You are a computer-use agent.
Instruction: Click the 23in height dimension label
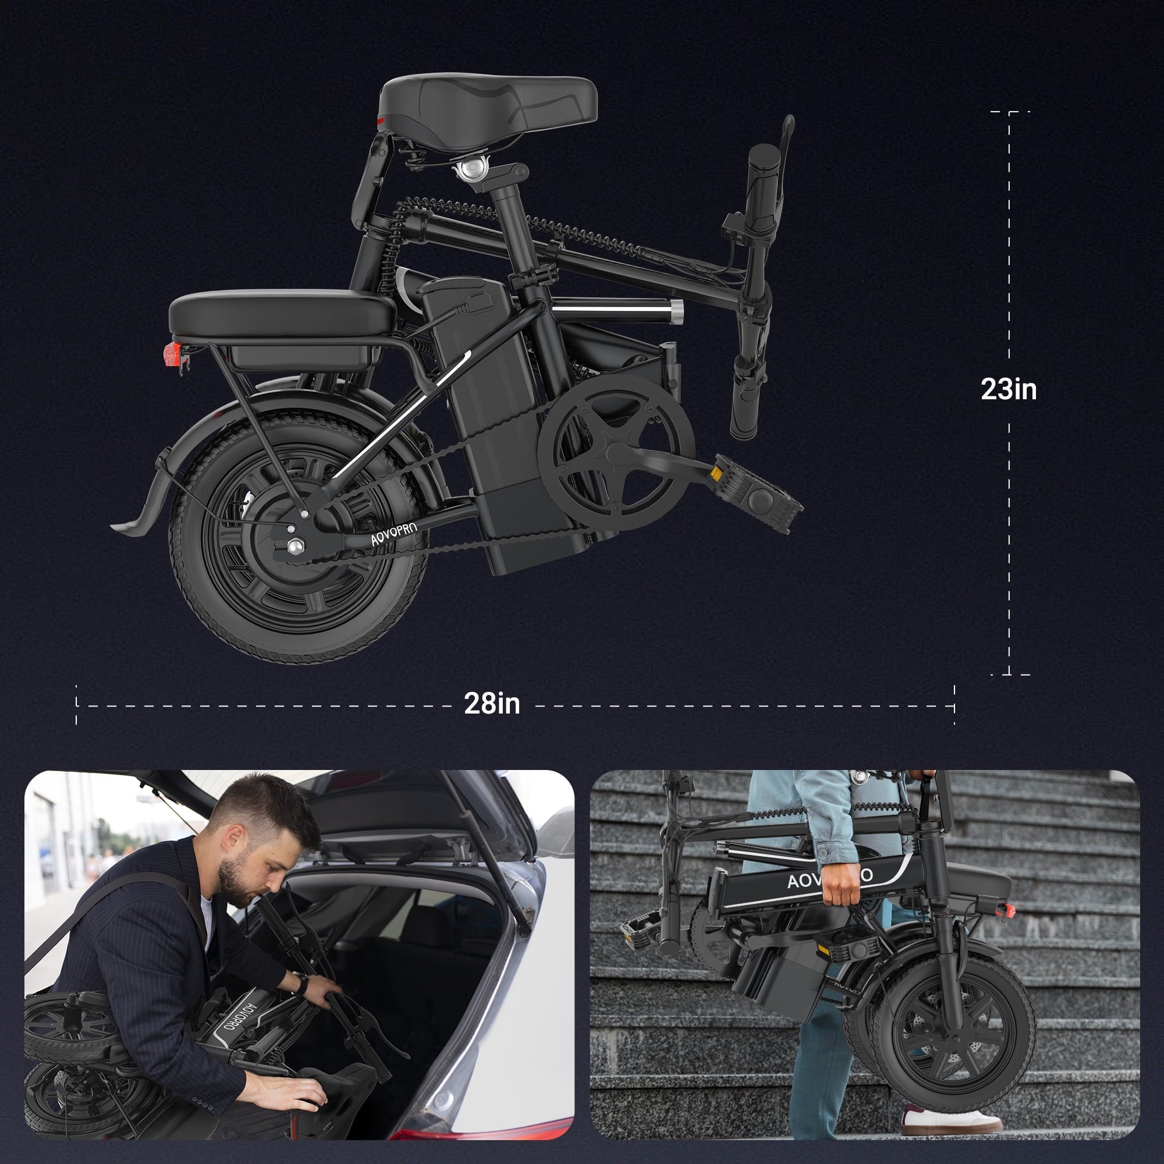pos(1009,389)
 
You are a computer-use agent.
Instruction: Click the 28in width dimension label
pos(492,703)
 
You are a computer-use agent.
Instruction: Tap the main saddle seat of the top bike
pos(488,113)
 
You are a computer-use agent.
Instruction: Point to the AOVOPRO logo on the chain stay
pos(393,532)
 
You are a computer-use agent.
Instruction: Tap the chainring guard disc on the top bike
pos(616,452)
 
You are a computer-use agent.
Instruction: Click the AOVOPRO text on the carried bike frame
pos(829,879)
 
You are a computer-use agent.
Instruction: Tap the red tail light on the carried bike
pos(1005,910)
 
